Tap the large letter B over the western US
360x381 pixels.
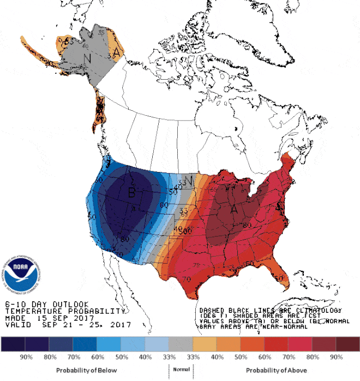coord(131,192)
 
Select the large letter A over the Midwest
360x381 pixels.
coord(235,209)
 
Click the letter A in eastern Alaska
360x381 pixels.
coord(116,51)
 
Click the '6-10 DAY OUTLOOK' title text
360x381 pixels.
coord(46,304)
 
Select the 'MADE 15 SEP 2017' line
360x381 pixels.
coord(50,318)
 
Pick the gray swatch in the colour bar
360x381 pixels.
coord(180,344)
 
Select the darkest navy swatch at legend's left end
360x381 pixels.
coord(13,344)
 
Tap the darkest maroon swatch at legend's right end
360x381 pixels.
coord(347,344)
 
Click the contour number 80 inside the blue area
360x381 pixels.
coord(125,239)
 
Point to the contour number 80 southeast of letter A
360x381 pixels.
coord(247,224)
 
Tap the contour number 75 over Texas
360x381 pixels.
coord(196,265)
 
